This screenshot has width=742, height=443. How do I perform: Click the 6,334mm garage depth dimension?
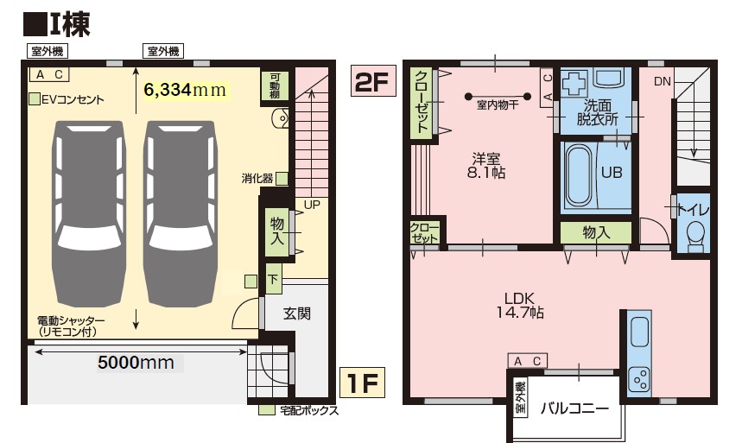pyautogui.click(x=185, y=89)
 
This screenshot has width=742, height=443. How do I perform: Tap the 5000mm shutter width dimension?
pyautogui.click(x=128, y=362)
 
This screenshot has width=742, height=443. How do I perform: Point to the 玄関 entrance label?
pyautogui.click(x=297, y=314)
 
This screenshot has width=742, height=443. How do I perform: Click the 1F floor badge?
pyautogui.click(x=358, y=381)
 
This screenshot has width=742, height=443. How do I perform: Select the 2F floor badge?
pyautogui.click(x=372, y=82)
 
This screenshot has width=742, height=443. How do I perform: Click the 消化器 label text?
pyautogui.click(x=257, y=179)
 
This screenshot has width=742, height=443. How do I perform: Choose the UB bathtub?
pyautogui.click(x=576, y=173)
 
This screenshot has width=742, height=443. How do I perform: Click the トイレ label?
pyautogui.click(x=693, y=208)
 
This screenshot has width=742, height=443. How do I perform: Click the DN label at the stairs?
pyautogui.click(x=663, y=81)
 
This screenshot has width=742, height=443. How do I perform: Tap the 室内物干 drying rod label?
pyautogui.click(x=498, y=106)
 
